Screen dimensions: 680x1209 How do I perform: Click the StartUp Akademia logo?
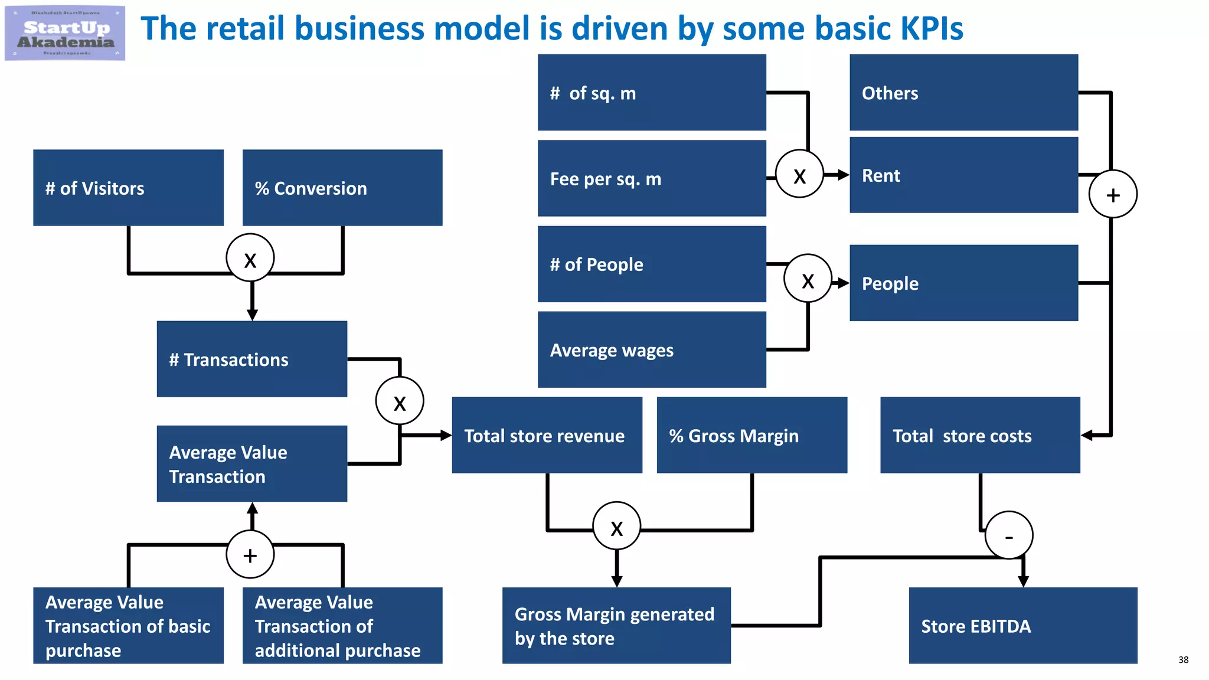point(65,33)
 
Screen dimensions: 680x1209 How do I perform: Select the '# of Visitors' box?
point(128,188)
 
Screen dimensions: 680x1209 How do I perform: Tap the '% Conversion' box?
point(342,188)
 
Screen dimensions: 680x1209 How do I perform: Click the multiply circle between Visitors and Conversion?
point(250,258)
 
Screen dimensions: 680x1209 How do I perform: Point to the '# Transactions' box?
point(251,359)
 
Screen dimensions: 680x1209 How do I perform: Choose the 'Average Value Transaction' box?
point(251,464)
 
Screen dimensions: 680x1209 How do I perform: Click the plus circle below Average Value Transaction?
point(250,555)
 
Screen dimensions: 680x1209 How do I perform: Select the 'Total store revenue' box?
point(547,435)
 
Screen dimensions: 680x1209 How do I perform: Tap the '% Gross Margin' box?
point(751,435)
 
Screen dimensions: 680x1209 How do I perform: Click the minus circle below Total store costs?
point(1009,535)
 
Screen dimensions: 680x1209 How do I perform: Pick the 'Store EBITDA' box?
point(1022,626)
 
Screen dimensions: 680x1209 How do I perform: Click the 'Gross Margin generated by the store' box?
point(616,626)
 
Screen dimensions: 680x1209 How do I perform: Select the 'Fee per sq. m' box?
point(652,178)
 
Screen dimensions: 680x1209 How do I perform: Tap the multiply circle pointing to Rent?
point(799,174)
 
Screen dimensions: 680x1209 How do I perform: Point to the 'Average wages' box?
point(652,349)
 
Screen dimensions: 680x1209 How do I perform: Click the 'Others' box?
point(963,93)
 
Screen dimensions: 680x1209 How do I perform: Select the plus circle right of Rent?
point(1113,194)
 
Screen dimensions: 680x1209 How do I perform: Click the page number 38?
point(1183,660)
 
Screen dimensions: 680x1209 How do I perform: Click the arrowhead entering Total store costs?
point(1087,436)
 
